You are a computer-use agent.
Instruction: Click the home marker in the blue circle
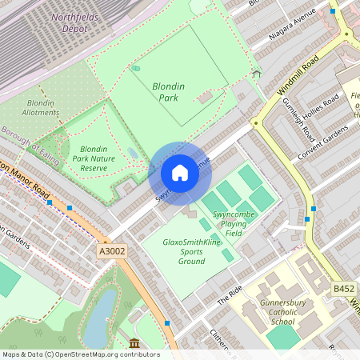point(179,173)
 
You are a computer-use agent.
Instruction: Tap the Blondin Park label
point(169,92)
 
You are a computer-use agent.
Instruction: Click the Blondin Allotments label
point(41,109)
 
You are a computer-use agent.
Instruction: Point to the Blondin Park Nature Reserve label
point(94,158)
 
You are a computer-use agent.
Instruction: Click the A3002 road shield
point(111,251)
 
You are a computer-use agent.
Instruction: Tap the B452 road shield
point(344,288)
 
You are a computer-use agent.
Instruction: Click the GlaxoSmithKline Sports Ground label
point(191,251)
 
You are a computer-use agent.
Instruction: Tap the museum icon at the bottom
point(133,344)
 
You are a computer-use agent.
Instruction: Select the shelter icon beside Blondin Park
point(257,74)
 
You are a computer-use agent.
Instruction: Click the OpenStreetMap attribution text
point(80,354)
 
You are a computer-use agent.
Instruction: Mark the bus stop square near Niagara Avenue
point(333,11)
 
